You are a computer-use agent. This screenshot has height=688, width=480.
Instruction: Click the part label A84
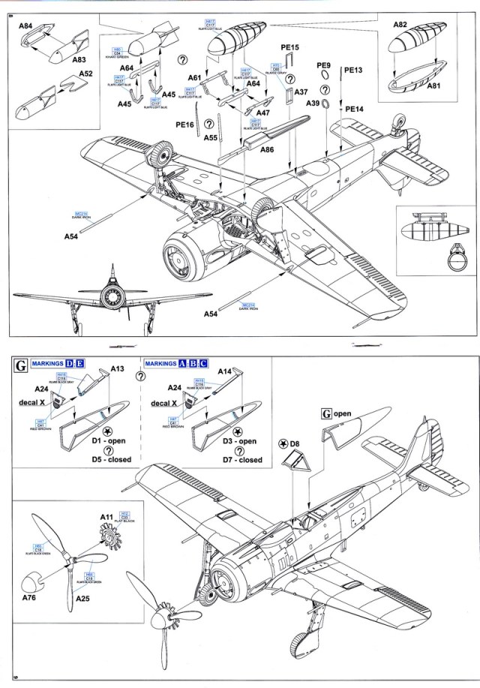(25, 26)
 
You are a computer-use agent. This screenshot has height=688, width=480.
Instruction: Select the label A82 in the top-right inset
(400, 24)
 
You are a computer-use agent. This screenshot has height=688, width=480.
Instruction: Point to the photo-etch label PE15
(290, 47)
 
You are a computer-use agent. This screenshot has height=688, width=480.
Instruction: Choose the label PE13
(353, 70)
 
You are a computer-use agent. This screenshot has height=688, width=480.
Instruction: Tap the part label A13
(118, 368)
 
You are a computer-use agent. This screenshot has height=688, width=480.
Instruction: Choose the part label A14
(224, 370)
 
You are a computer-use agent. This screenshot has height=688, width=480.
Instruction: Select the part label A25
(84, 598)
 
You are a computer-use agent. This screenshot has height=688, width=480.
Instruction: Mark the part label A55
(211, 138)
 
